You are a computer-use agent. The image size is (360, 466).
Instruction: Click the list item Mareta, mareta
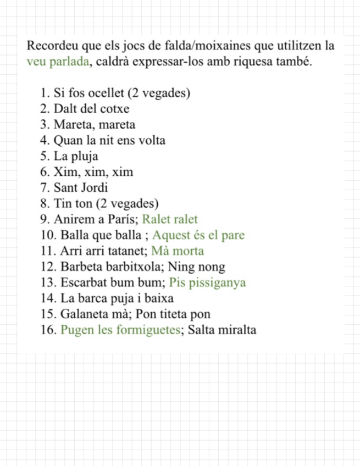click(x=95, y=125)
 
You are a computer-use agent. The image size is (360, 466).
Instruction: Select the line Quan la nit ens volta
click(x=109, y=141)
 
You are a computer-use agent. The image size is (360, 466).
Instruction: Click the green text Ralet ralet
click(x=170, y=220)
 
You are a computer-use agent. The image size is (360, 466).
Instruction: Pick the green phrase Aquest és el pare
click(x=199, y=236)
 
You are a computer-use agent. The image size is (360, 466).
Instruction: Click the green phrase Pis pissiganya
click(x=208, y=283)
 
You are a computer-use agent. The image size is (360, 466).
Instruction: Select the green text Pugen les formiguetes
click(x=121, y=330)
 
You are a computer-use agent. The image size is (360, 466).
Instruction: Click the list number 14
click(x=46, y=299)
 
